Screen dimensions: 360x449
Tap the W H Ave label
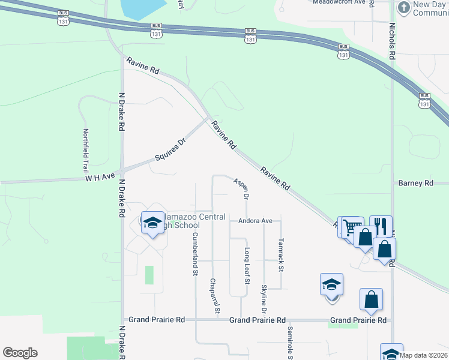click(x=100, y=178)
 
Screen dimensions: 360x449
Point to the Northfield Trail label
click(x=86, y=151)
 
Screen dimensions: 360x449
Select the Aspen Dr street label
click(x=241, y=187)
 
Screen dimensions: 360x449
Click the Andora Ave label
click(x=255, y=221)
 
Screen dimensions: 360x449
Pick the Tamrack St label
click(x=280, y=255)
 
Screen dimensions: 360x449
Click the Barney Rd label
click(x=415, y=183)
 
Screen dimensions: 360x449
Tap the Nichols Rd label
click(x=391, y=41)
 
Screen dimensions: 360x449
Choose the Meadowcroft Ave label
click(x=339, y=2)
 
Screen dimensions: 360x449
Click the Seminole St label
click(x=289, y=342)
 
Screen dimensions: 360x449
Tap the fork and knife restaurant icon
click(x=381, y=225)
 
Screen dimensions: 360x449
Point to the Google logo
click(x=20, y=353)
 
